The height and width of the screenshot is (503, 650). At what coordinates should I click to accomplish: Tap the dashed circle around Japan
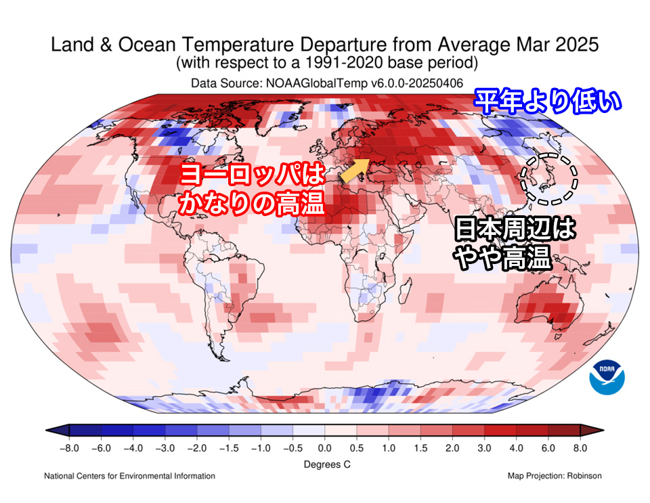tap(548, 178)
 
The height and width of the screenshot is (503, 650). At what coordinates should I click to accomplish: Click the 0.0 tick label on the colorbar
tap(325, 448)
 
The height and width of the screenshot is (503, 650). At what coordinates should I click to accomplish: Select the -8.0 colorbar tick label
tap(69, 448)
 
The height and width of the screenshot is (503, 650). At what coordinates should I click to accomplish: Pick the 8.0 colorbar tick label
tap(580, 448)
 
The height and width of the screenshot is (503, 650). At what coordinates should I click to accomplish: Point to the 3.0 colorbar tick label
tap(484, 448)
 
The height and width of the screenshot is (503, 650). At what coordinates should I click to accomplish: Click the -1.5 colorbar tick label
tap(229, 448)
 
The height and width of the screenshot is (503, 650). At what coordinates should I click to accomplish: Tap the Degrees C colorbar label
tap(325, 465)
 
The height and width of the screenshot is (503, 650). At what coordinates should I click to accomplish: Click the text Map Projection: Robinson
tap(554, 476)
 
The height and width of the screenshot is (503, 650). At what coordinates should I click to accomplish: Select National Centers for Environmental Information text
tap(129, 476)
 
